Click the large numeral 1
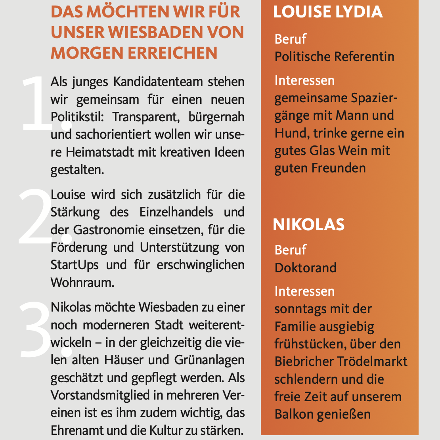[x=38, y=103]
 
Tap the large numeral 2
[x=38, y=216]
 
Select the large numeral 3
[x=38, y=329]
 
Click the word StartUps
[x=75, y=265]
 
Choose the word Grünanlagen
[x=209, y=360]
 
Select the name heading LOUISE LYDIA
[x=328, y=12]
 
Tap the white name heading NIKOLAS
[x=309, y=225]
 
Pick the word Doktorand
[x=306, y=268]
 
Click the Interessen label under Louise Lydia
[x=304, y=80]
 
